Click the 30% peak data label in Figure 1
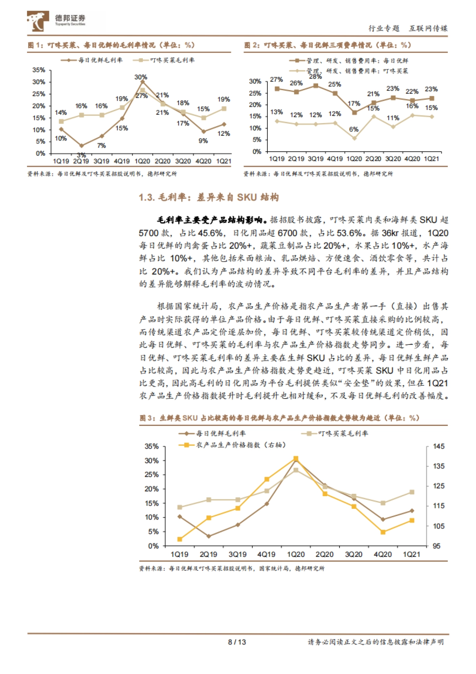point(140,77)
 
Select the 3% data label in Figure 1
point(81,155)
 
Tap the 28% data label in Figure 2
point(315,77)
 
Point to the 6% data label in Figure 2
point(354,129)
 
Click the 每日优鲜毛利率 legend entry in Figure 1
point(92,60)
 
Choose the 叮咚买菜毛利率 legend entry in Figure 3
point(335,433)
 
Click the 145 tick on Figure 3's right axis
point(439,447)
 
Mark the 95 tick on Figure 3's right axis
point(437,546)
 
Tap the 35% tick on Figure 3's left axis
point(152,447)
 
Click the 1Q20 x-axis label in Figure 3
point(296,555)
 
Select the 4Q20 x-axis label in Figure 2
point(412,159)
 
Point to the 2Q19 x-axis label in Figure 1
point(81,162)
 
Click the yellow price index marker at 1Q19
point(180,539)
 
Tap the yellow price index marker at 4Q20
point(383,532)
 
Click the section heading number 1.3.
point(146,197)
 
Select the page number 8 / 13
point(237,642)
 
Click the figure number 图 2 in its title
point(250,45)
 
